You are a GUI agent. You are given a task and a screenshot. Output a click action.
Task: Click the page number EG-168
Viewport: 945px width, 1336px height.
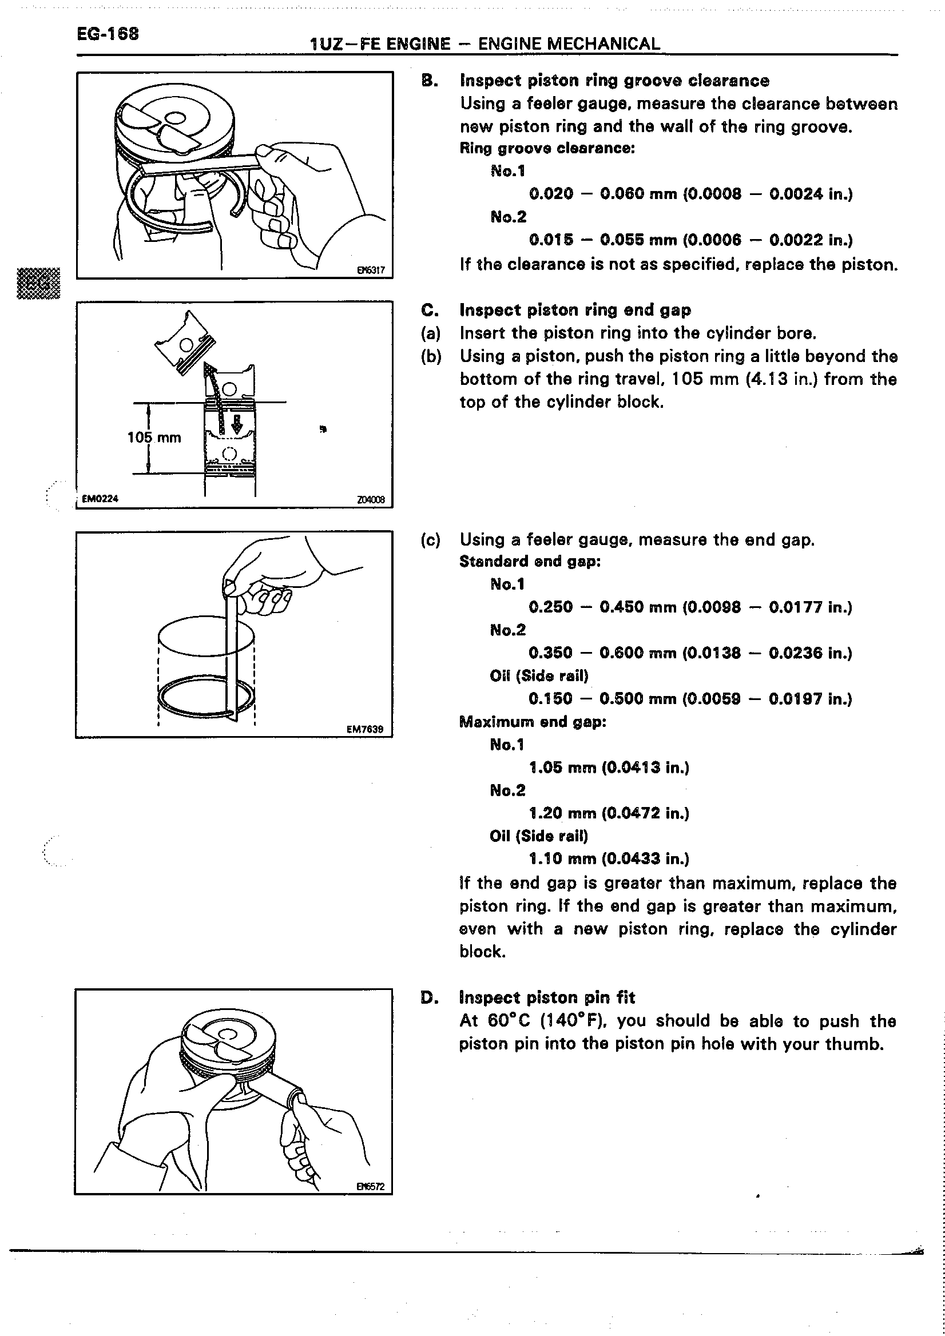click(x=108, y=34)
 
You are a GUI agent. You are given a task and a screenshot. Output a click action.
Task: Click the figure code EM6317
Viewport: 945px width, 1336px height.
click(x=371, y=270)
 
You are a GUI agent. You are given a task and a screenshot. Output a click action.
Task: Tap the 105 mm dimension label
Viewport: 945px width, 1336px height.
click(x=154, y=438)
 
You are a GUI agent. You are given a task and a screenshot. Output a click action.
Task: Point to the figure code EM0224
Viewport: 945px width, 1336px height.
click(x=100, y=499)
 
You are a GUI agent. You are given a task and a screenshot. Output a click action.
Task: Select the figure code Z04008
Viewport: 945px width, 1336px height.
click(x=371, y=499)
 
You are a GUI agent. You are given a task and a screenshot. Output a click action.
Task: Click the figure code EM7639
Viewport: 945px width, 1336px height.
click(x=365, y=729)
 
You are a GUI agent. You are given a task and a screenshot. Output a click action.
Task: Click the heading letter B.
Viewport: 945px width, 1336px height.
click(x=429, y=81)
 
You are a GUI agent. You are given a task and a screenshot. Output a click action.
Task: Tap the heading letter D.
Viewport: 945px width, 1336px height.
click(x=429, y=998)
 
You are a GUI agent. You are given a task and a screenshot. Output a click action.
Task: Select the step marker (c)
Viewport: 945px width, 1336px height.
click(x=431, y=540)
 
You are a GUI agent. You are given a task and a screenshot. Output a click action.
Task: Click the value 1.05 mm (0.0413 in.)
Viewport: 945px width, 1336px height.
click(x=609, y=768)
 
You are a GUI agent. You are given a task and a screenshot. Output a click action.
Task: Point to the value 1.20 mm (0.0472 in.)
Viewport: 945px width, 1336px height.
click(x=609, y=813)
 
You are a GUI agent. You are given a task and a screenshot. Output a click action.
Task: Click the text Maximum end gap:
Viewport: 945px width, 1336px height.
click(x=533, y=722)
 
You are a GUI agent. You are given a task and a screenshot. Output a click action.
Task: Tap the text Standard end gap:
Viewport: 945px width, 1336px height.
click(x=530, y=562)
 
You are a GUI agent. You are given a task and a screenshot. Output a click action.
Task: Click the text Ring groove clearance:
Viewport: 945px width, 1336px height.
click(x=547, y=148)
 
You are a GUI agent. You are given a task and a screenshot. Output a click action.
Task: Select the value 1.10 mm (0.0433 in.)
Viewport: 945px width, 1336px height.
click(x=609, y=859)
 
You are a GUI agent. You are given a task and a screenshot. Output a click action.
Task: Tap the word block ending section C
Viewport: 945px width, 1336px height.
click(x=481, y=952)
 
